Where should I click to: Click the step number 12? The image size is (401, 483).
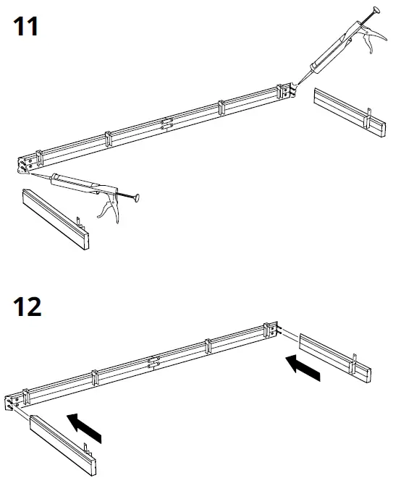coord(27,306)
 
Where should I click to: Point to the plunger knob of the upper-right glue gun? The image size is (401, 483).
coord(376,10)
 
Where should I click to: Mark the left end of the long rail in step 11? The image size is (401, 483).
coord(25,163)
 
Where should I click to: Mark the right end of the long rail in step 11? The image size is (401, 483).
coord(285,91)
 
